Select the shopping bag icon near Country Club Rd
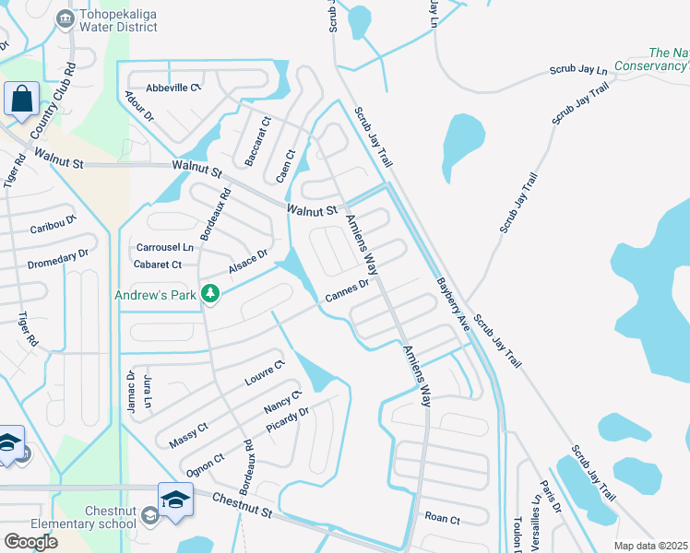[x=20, y=99]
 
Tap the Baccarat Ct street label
[x=257, y=141]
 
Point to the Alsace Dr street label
[x=248, y=261]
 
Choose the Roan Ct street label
[x=442, y=519]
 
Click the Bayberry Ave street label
[x=453, y=305]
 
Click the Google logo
[x=30, y=541]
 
